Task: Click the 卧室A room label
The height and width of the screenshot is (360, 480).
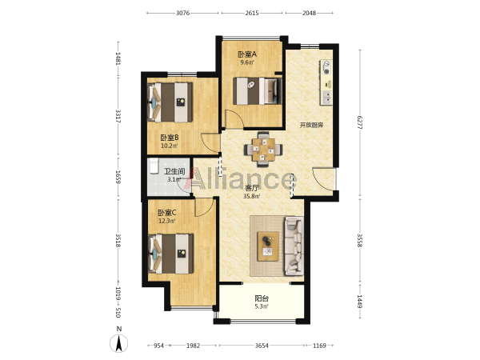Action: pos(247,54)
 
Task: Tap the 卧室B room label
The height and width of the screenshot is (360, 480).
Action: pos(170,138)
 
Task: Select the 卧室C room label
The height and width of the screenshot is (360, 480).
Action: pos(167,213)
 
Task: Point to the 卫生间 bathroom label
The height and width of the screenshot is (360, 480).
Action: pos(174,172)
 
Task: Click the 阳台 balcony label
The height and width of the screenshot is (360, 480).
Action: pos(262,298)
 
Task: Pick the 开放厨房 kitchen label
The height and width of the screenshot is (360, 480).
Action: pos(311,126)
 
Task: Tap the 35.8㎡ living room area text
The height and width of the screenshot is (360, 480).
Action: pos(252,196)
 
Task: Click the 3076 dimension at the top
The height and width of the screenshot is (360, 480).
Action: pos(182,13)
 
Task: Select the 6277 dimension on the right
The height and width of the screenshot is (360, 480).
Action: pos(360,122)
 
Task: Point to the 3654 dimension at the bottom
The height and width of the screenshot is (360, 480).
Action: pos(262,346)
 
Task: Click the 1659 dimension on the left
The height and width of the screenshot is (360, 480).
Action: pos(118,178)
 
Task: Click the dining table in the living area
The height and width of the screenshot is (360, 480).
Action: pos(263,150)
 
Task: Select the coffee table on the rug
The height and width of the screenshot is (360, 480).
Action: pos(268,246)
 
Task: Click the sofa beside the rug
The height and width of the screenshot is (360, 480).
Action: pos(294,246)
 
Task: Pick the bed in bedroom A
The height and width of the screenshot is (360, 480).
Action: pos(257,91)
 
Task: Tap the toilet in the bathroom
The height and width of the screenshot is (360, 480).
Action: pos(154,166)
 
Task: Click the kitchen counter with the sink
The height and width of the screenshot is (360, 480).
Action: pos(326,82)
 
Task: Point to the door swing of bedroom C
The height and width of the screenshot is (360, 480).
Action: pos(204,207)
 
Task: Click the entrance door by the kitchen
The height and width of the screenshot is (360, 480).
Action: pos(324,178)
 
